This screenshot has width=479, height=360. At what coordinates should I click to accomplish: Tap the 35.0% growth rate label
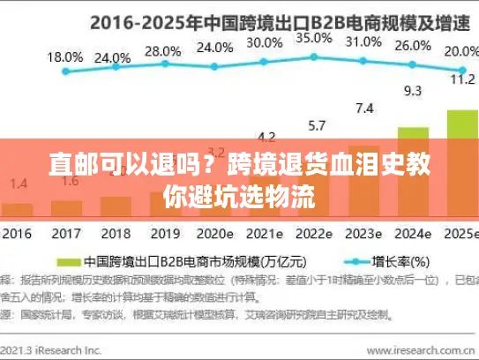tap(314, 39)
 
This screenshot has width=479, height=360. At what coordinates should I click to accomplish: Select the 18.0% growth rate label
tap(64, 56)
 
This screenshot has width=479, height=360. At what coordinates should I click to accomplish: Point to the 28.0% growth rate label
tap(162, 51)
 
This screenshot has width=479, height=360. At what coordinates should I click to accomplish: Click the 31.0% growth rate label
tap(363, 41)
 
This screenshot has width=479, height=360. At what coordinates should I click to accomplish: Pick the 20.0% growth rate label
tap(459, 51)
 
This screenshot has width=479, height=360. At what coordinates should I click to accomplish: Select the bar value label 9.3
tap(412, 90)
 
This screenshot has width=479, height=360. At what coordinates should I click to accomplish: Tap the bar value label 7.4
tap(363, 109)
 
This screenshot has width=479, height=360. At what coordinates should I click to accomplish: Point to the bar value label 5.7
tap(316, 125)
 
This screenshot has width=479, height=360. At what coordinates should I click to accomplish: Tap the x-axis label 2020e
tap(214, 235)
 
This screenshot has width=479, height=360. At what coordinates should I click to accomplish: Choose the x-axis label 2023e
tap(363, 235)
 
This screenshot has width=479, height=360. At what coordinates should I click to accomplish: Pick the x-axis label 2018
tap(115, 235)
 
